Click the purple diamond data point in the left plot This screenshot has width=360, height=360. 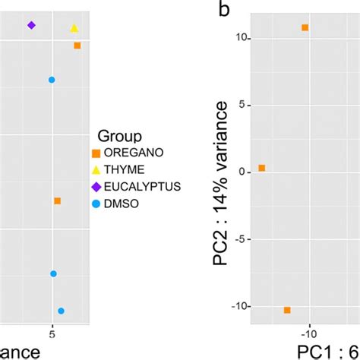pyautogui.click(x=31, y=25)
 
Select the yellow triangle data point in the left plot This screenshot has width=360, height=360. pyautogui.click(x=74, y=28)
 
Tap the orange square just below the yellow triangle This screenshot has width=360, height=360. pyautogui.click(x=77, y=46)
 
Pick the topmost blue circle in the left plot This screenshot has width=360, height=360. pyautogui.click(x=52, y=80)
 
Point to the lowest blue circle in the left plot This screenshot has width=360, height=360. pyautogui.click(x=62, y=311)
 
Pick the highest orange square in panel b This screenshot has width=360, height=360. pyautogui.click(x=305, y=27)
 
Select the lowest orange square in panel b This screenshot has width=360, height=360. pyautogui.click(x=287, y=310)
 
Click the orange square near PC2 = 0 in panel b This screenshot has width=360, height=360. pyautogui.click(x=261, y=168)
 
